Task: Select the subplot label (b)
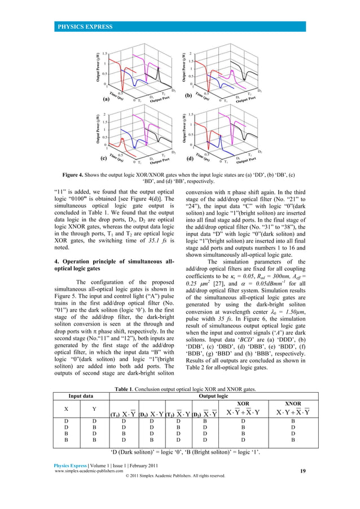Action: click(189, 96)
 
